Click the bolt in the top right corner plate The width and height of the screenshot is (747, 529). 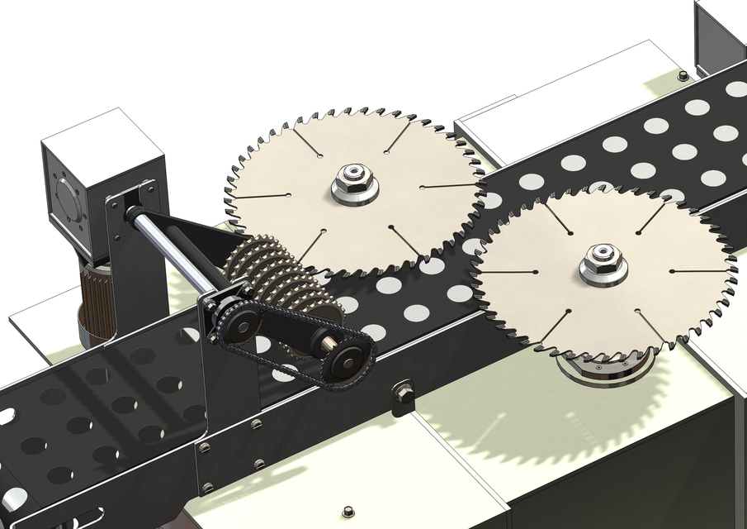683,76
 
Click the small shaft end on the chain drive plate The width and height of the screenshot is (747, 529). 320,339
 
